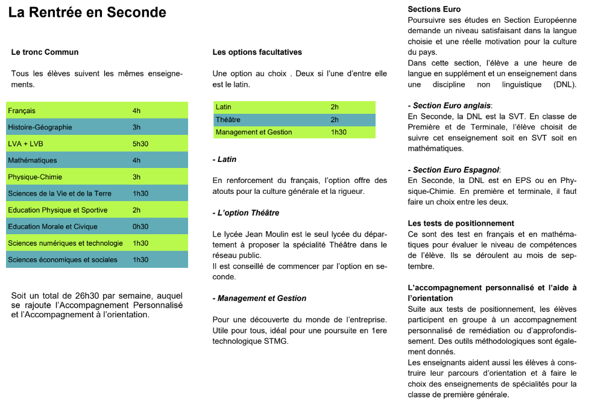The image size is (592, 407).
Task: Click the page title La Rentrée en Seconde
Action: (x=87, y=13)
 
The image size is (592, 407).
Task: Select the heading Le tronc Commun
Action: (x=45, y=52)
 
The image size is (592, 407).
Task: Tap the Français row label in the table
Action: (x=22, y=111)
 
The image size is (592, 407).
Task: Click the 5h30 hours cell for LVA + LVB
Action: (x=140, y=144)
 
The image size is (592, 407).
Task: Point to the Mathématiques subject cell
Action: (x=33, y=160)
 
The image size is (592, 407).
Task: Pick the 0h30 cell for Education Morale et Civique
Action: (x=140, y=226)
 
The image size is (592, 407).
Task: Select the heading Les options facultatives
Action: (x=257, y=52)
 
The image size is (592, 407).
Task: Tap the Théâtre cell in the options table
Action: (x=228, y=120)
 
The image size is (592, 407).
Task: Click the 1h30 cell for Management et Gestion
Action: (x=339, y=132)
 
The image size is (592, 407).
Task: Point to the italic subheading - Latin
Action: (x=224, y=160)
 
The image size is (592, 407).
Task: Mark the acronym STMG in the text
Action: (x=277, y=341)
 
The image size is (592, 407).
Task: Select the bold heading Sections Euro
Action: (x=434, y=9)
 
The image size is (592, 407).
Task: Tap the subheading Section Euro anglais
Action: (x=450, y=106)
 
